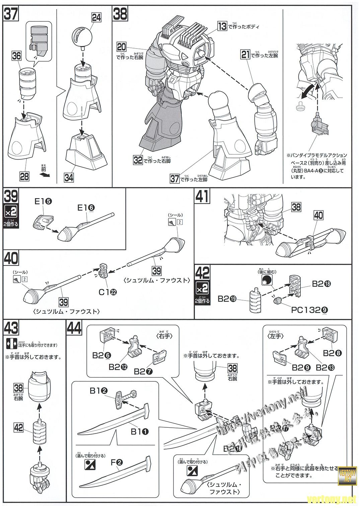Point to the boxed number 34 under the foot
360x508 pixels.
tap(69, 177)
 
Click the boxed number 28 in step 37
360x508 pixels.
tap(24, 176)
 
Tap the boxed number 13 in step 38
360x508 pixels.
tap(222, 26)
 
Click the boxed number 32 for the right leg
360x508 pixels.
tap(138, 160)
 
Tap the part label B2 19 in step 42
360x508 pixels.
tap(226, 298)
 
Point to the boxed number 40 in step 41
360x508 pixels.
tap(318, 216)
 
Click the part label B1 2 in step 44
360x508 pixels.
tap(98, 391)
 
